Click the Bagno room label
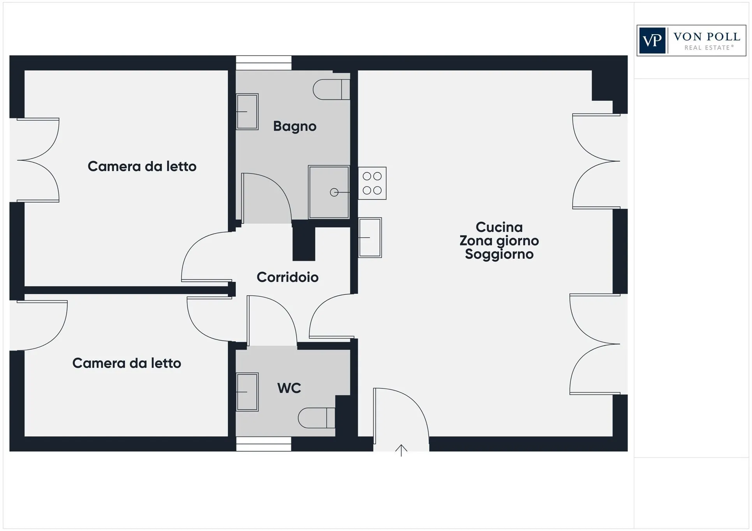[294, 126]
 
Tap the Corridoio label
[287, 277]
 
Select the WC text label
[289, 388]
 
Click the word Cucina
[499, 227]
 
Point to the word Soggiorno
[499, 254]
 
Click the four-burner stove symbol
[372, 183]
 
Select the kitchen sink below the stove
[370, 237]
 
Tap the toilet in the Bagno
[331, 89]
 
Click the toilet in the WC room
[317, 418]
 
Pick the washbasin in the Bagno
[247, 112]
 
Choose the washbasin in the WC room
[247, 392]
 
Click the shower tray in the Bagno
[329, 192]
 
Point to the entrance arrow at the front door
[401, 450]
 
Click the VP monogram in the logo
[652, 40]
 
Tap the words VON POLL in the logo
[707, 37]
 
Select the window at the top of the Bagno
[264, 63]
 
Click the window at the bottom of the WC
[264, 444]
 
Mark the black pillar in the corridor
[304, 240]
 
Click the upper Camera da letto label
[142, 166]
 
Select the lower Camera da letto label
[127, 363]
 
